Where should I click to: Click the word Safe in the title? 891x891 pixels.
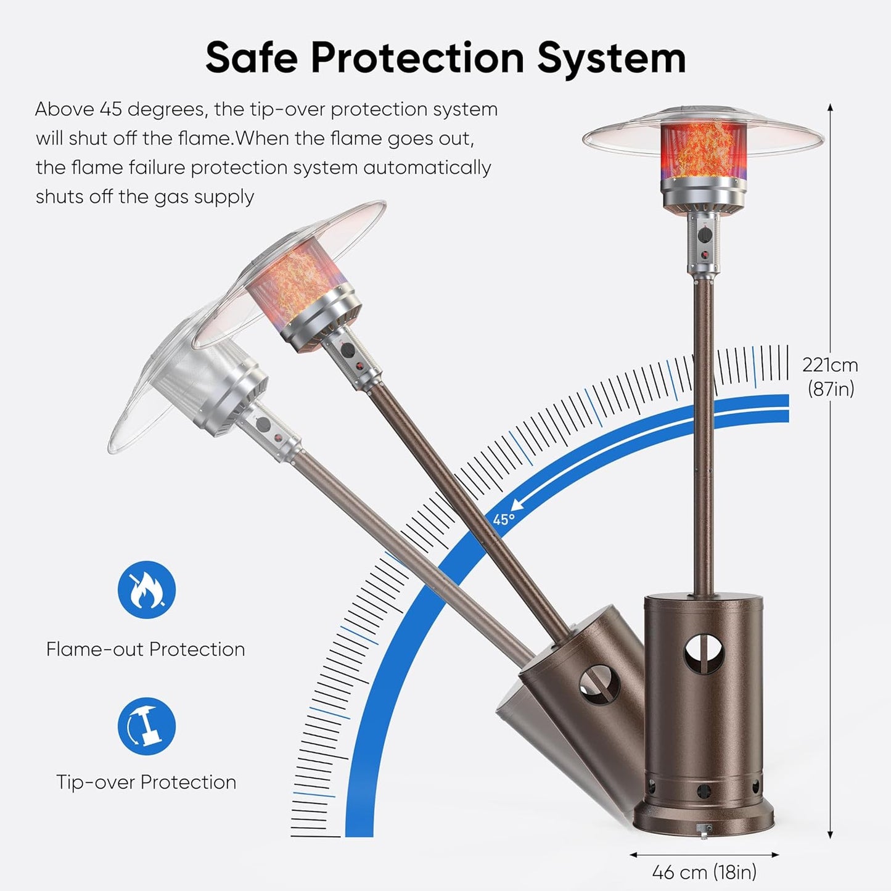[252, 58]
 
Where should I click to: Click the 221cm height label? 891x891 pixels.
[830, 365]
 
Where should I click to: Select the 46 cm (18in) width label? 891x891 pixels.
[704, 873]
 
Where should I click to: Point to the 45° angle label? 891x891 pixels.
[503, 520]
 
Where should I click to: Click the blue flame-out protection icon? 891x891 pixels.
[147, 589]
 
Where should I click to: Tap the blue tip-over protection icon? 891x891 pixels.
[147, 726]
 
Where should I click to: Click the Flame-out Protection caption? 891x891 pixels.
[146, 649]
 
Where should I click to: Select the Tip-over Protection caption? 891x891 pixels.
[146, 782]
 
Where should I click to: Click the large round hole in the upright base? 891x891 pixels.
[704, 658]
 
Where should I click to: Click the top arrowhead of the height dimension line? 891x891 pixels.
[830, 109]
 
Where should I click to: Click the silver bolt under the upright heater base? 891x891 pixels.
[704, 831]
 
